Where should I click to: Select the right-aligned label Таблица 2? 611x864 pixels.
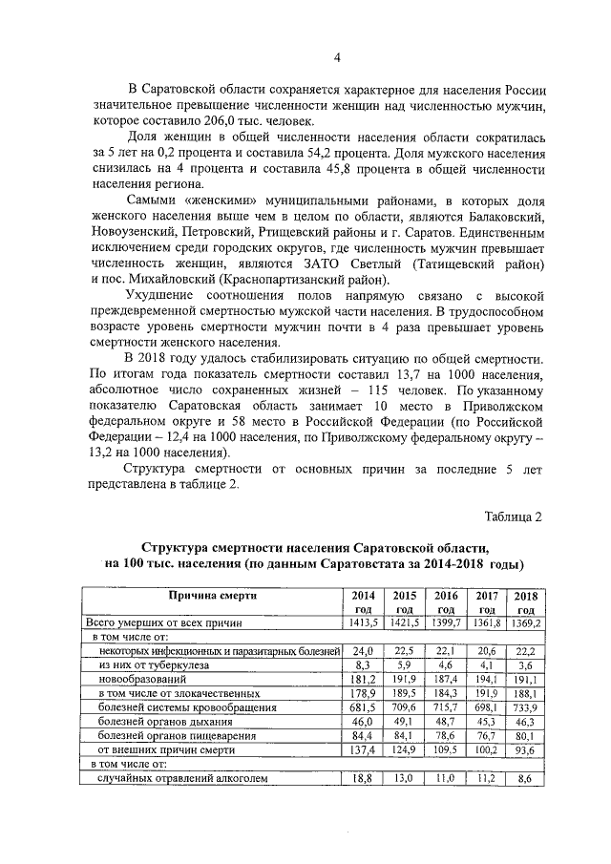pyautogui.click(x=513, y=516)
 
